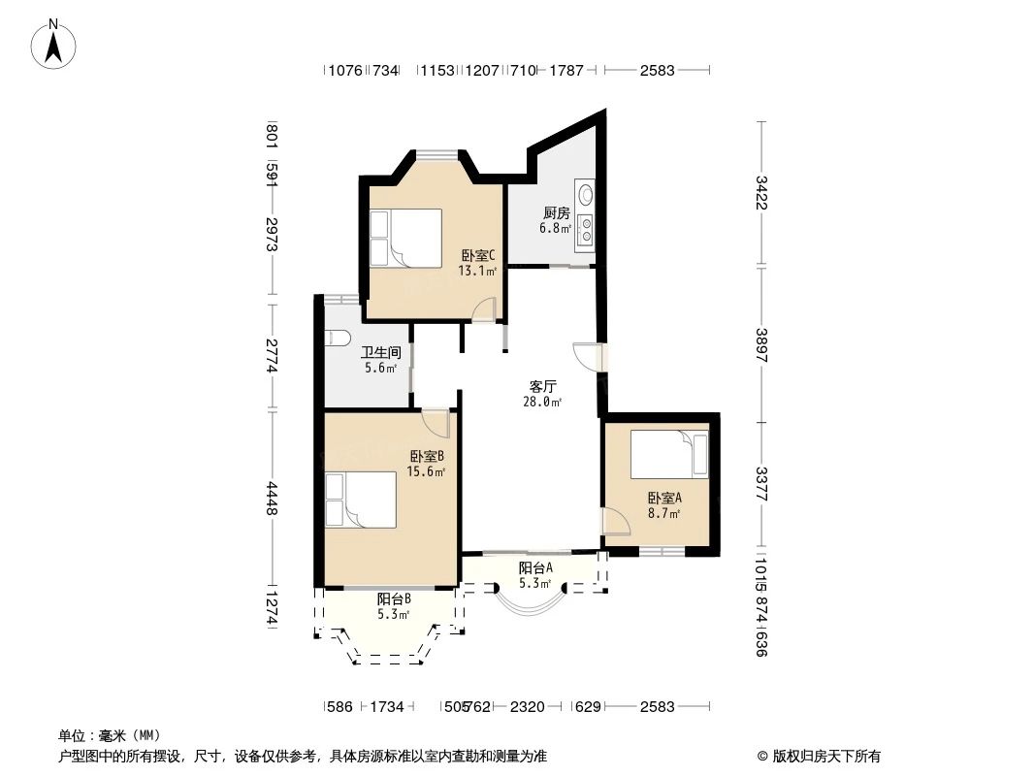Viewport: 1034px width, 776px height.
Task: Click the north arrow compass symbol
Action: (54, 44)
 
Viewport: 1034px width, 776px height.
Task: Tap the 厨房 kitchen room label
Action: (556, 213)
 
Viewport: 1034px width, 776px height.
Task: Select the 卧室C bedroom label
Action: (478, 256)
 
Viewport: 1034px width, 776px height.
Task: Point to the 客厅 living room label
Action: (542, 385)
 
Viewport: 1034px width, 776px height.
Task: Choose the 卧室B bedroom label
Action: (427, 456)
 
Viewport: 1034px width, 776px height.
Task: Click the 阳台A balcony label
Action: (535, 568)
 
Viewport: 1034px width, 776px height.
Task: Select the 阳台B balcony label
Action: (394, 599)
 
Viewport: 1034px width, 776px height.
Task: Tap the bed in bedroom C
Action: (404, 237)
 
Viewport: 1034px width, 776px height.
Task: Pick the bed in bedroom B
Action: (361, 500)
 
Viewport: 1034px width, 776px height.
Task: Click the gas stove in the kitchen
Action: (585, 229)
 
